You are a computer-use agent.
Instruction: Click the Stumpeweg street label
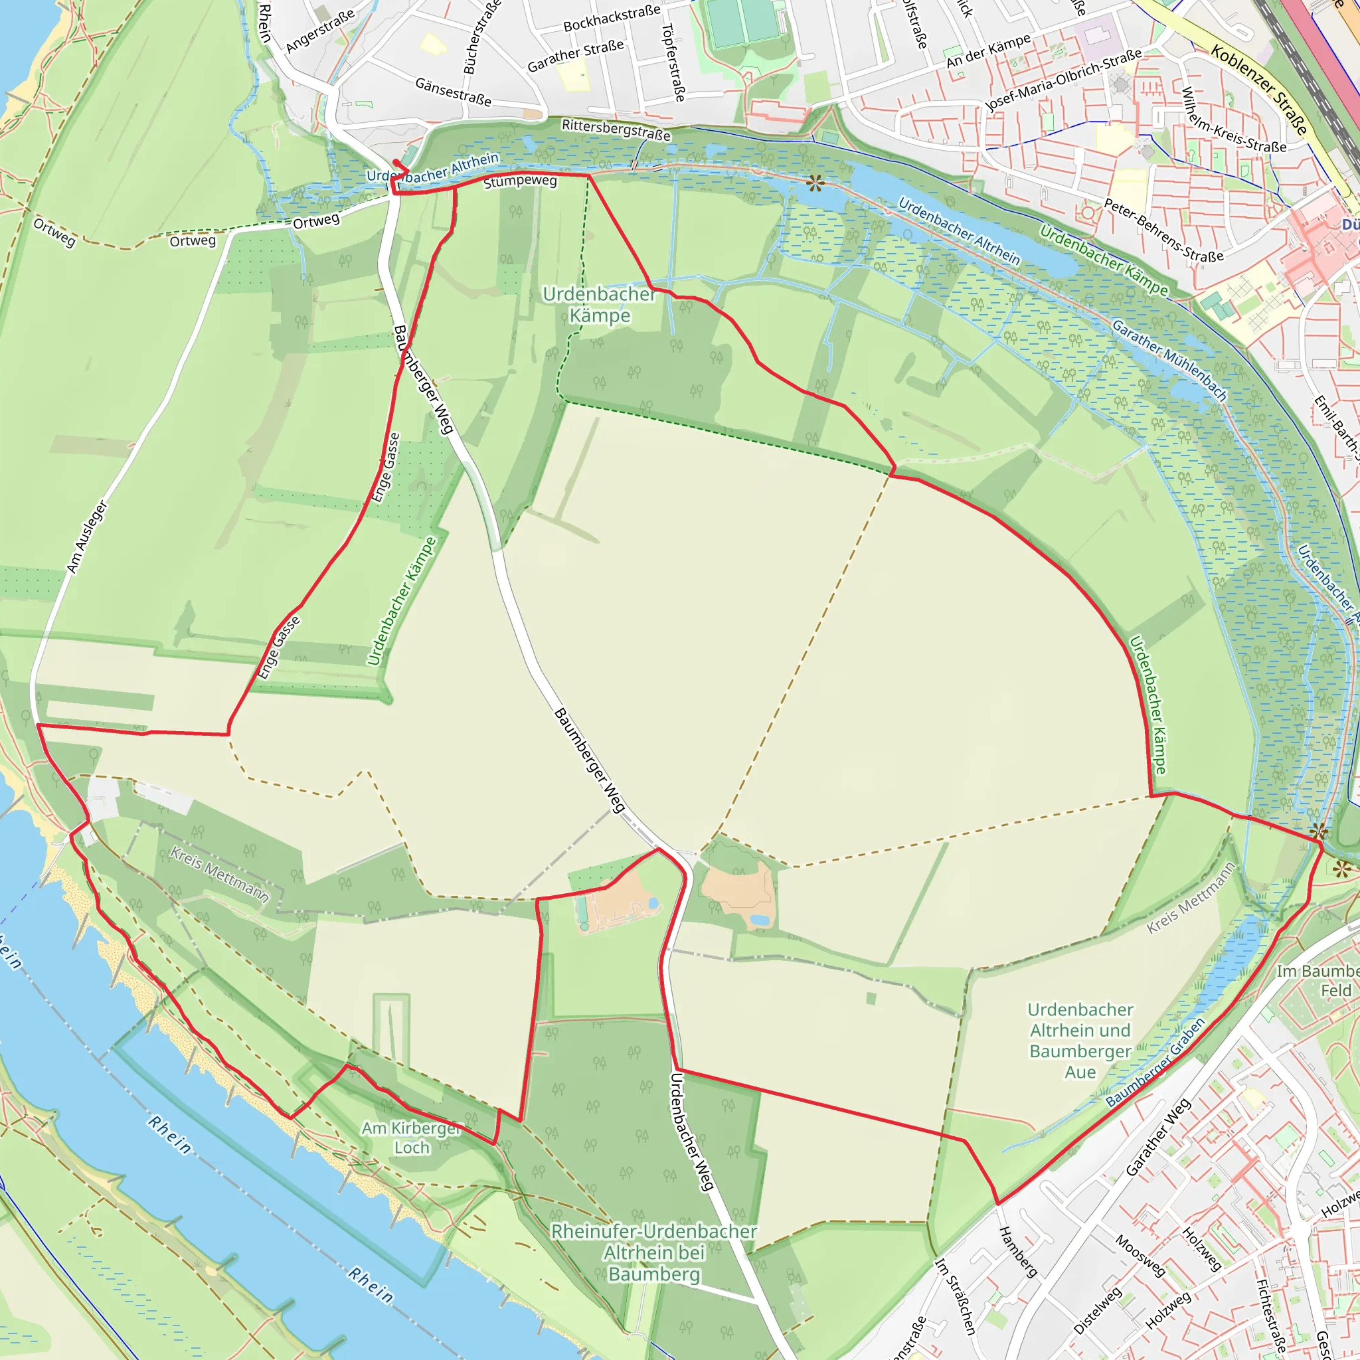[520, 181]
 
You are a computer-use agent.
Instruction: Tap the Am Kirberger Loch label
[412, 1138]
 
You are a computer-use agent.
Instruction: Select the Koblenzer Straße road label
[1259, 90]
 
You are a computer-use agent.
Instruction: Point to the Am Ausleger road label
[86, 537]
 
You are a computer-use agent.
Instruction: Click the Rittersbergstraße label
[616, 129]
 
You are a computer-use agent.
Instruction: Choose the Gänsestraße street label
[454, 92]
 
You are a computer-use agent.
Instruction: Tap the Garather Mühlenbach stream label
[1169, 360]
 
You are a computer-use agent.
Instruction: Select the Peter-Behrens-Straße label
[1163, 230]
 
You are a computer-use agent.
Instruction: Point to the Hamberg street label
[1018, 1252]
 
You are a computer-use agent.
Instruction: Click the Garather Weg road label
[1158, 1137]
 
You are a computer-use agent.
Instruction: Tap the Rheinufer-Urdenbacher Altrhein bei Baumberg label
[654, 1252]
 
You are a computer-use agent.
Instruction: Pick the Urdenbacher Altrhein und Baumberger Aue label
[1080, 1041]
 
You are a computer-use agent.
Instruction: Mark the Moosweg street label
[1140, 1255]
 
